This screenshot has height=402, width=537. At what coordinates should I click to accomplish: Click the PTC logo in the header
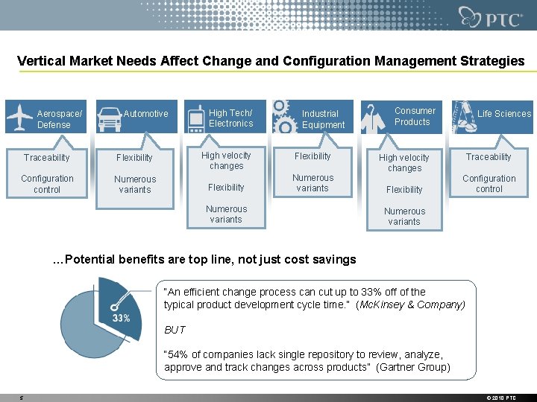click(490, 16)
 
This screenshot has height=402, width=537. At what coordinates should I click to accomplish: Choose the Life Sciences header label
click(504, 114)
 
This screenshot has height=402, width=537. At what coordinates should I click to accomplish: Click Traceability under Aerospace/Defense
click(46, 158)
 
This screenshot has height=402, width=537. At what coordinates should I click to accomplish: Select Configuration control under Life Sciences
click(489, 184)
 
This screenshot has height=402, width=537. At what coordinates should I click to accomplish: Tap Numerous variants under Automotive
click(135, 185)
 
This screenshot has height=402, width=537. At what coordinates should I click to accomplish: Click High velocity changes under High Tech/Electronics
click(226, 161)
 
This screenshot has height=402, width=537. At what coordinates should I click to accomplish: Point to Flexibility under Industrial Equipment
click(313, 156)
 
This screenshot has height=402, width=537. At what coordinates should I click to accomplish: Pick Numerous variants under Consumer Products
click(404, 217)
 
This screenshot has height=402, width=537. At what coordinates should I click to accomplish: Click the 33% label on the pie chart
click(121, 318)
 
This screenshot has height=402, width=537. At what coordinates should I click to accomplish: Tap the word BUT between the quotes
click(175, 330)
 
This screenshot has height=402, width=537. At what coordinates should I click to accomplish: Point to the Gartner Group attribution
click(413, 367)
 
